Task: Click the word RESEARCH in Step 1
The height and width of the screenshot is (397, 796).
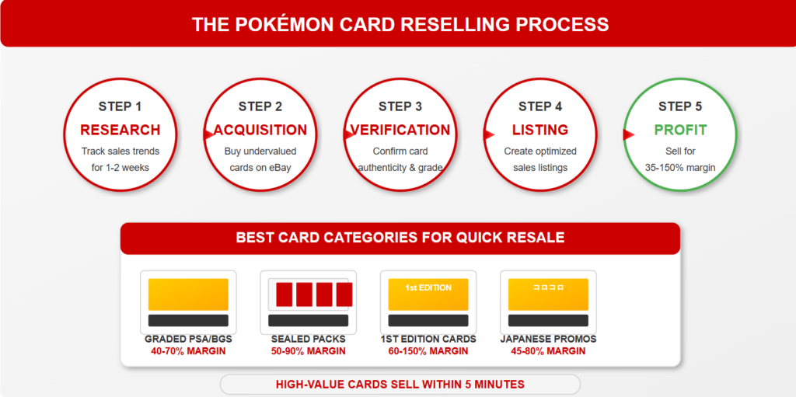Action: point(120,130)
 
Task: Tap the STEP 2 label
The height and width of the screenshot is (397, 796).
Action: point(260,106)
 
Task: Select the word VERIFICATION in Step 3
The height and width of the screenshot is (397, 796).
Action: point(400,130)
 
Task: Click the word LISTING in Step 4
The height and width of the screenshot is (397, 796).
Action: point(540,130)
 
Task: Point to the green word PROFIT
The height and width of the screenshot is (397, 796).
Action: point(680,130)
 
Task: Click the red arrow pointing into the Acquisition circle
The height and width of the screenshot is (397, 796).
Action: point(208,134)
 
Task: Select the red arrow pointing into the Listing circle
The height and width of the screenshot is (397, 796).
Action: point(489,134)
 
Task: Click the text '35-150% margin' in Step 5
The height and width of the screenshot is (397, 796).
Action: point(680,168)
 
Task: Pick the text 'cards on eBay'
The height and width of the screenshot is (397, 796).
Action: point(260,168)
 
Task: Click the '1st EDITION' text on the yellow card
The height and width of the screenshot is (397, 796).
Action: point(428,288)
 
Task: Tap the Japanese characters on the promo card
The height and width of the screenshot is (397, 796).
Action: point(548,287)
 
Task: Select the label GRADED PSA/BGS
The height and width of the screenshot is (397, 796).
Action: point(188,340)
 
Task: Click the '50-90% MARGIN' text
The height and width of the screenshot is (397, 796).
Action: point(308,351)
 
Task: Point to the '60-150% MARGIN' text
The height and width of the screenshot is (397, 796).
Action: point(428,351)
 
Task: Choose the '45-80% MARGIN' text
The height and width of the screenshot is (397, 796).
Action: point(548,351)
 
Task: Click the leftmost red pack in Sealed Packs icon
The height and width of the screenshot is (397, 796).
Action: point(285,294)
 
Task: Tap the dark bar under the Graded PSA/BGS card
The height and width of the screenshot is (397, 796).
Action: point(188,320)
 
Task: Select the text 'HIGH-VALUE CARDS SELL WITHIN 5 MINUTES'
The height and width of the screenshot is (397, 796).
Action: point(400,385)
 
